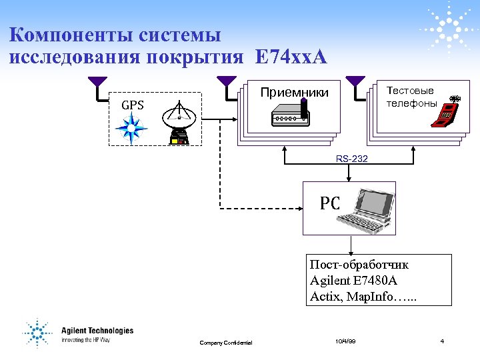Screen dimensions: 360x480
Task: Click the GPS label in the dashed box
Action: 132,105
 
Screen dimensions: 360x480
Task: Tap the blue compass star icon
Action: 131,129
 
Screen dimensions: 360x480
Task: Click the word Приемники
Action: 294,93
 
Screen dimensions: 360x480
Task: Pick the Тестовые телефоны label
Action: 411,97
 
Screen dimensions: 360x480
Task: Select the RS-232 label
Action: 351,159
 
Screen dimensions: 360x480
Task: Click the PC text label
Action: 329,203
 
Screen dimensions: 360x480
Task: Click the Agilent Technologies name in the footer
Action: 97,331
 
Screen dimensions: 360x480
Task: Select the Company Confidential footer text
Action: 226,343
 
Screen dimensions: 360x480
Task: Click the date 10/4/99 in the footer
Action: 346,341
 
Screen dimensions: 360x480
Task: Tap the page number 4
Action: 442,341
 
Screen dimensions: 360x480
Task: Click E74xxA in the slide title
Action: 291,57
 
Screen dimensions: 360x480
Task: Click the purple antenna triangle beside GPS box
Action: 97,82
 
